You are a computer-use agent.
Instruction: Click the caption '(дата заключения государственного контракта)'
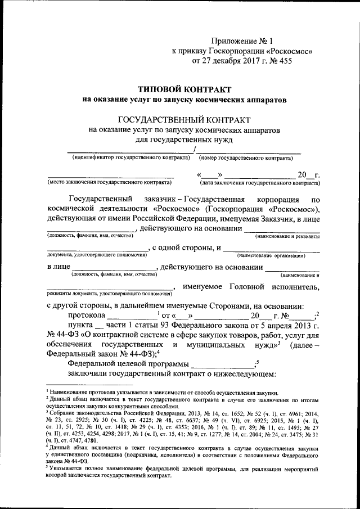[x=259, y=183]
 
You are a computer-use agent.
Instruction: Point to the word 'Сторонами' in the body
[x=219, y=306]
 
